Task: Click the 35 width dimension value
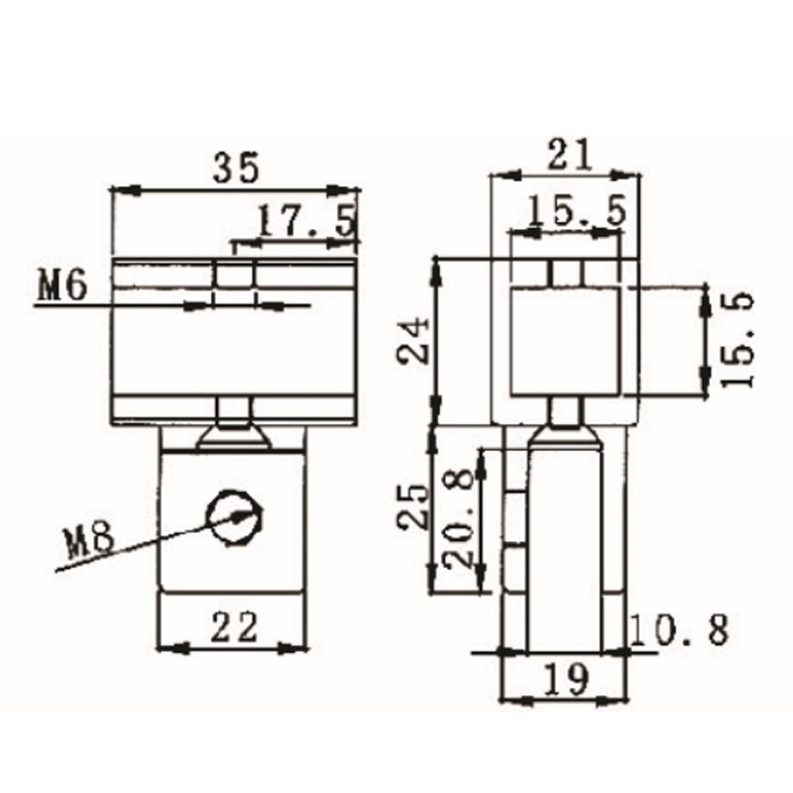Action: [x=236, y=166]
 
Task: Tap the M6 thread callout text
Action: [x=63, y=286]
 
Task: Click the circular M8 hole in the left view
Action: [x=235, y=516]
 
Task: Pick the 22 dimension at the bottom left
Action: [x=234, y=625]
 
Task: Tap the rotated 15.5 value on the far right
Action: [x=741, y=339]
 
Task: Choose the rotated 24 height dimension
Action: [x=412, y=341]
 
